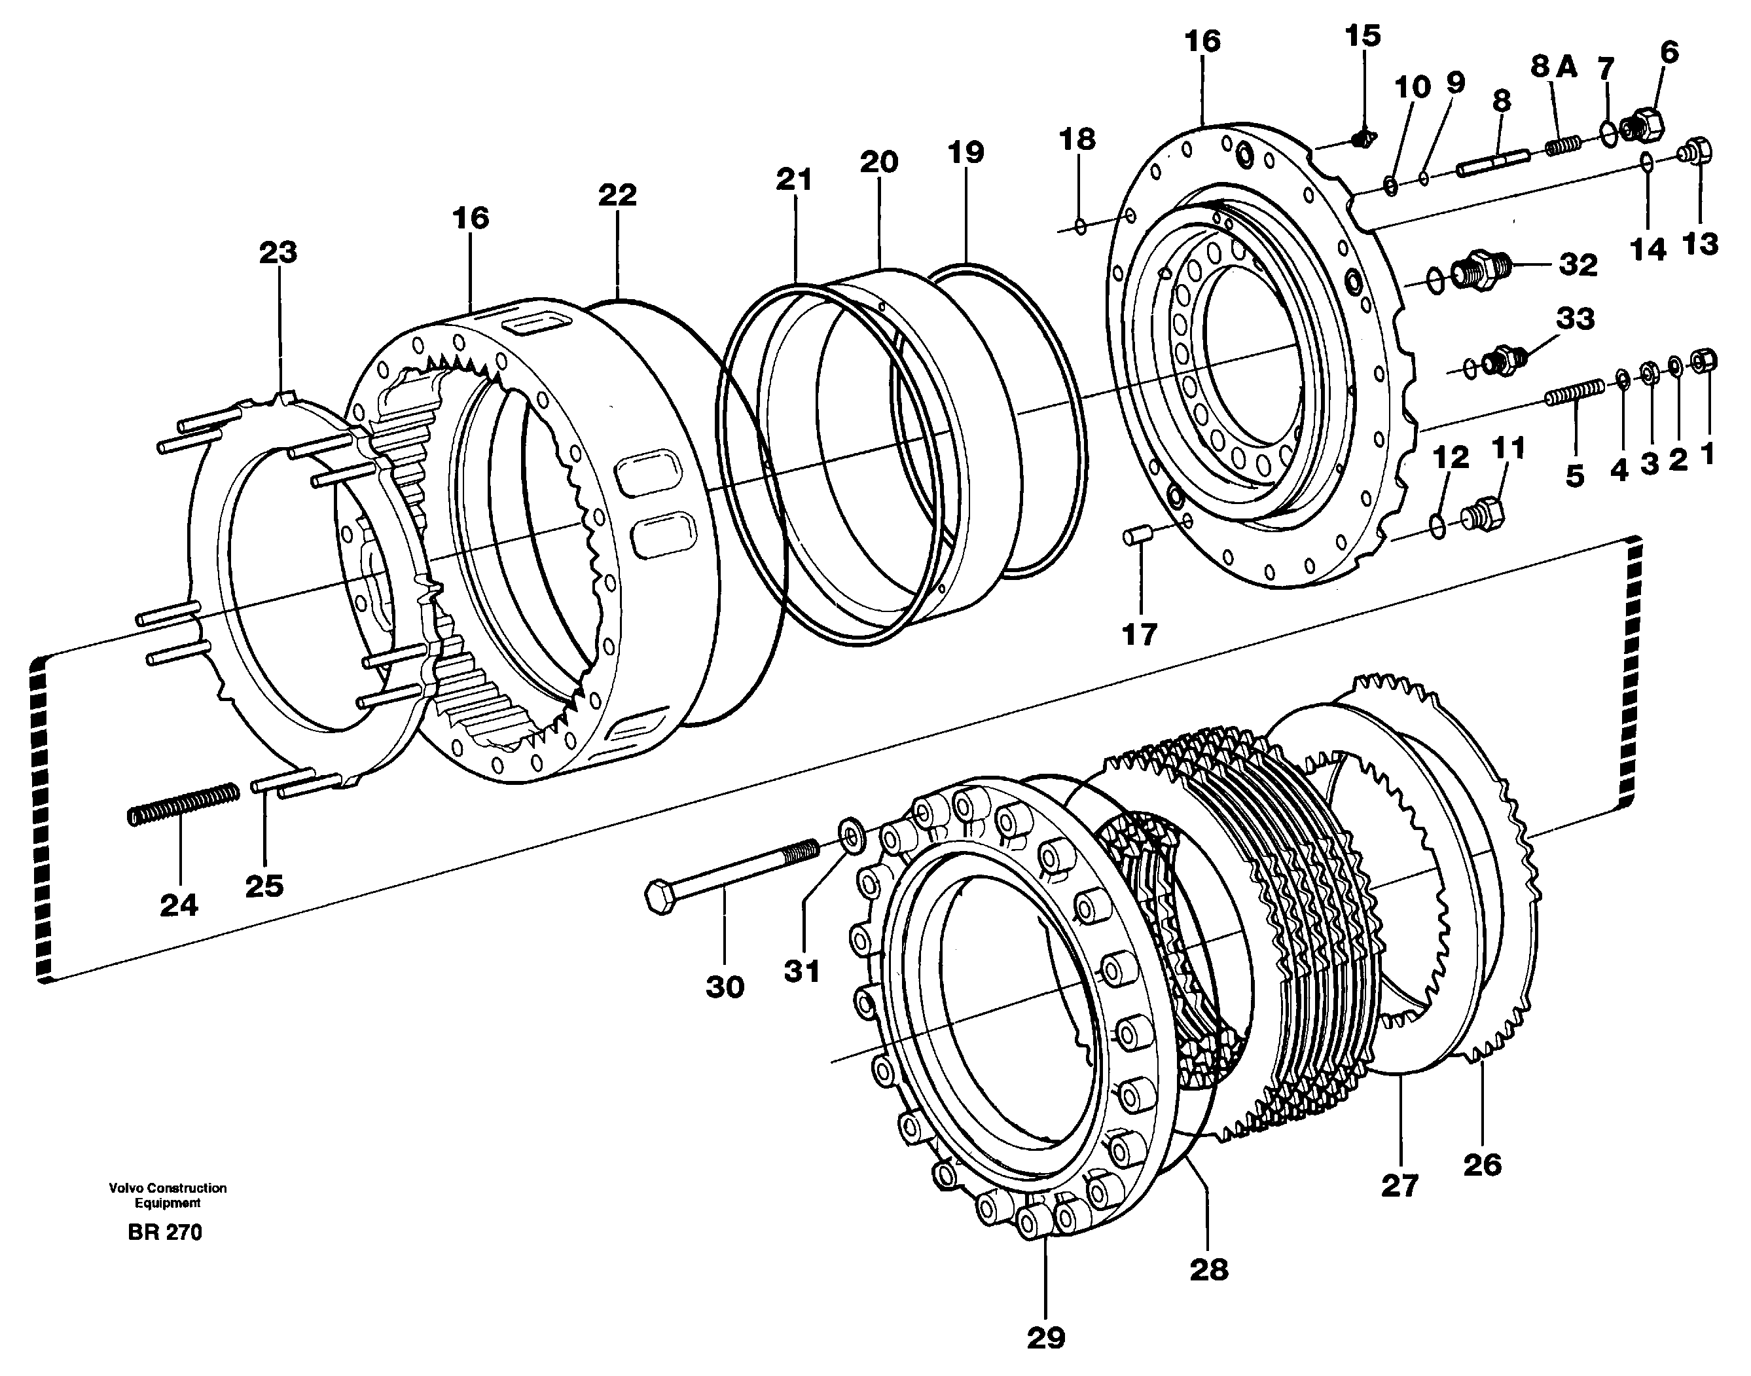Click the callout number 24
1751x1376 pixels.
click(178, 905)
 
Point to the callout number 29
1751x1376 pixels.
click(1045, 1338)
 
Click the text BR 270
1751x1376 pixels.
click(164, 1233)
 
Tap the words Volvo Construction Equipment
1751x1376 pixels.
click(168, 1195)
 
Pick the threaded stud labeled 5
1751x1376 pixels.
click(1576, 393)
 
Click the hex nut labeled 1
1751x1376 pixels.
click(1705, 361)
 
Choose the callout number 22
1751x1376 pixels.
click(617, 195)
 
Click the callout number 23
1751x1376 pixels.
click(278, 253)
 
